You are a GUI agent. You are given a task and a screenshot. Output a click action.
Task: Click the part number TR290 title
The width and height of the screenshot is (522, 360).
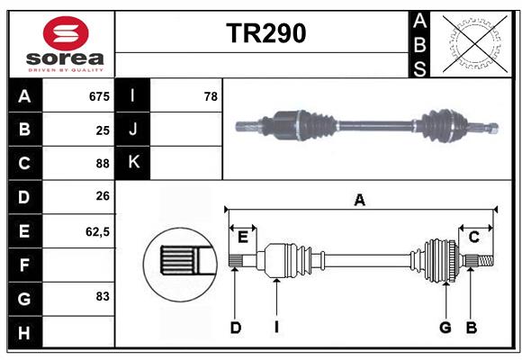click(x=265, y=33)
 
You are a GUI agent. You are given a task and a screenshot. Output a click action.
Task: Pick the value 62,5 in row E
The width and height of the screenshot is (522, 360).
click(x=97, y=231)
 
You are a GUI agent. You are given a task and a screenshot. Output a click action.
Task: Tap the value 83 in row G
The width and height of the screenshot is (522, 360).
click(x=103, y=296)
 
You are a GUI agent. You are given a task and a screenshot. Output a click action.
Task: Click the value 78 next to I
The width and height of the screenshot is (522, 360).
click(x=211, y=96)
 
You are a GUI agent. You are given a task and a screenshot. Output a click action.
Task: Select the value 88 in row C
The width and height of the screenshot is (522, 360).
click(x=103, y=164)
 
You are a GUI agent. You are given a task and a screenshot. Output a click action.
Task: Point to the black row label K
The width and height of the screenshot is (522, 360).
click(x=134, y=163)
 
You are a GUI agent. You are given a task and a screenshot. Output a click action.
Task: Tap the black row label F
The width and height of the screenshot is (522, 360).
click(x=24, y=265)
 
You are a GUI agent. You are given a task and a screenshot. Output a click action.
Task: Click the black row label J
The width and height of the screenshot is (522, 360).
click(x=134, y=130)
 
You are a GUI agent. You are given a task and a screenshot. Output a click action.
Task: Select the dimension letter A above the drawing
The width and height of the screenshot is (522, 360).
click(x=360, y=201)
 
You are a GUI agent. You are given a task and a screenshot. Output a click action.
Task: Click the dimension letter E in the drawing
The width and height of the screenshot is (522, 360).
click(x=243, y=237)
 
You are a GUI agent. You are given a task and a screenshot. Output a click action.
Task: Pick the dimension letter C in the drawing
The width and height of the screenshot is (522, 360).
click(x=473, y=237)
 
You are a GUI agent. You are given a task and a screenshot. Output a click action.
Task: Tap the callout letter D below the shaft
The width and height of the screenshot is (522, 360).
click(x=235, y=328)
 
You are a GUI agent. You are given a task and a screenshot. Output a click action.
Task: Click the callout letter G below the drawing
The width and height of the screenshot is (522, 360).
click(x=445, y=328)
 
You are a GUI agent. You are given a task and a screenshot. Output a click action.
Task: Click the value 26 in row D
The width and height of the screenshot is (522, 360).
click(x=103, y=197)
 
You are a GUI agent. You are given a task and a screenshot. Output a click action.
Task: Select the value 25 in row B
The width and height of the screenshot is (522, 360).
click(x=103, y=130)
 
